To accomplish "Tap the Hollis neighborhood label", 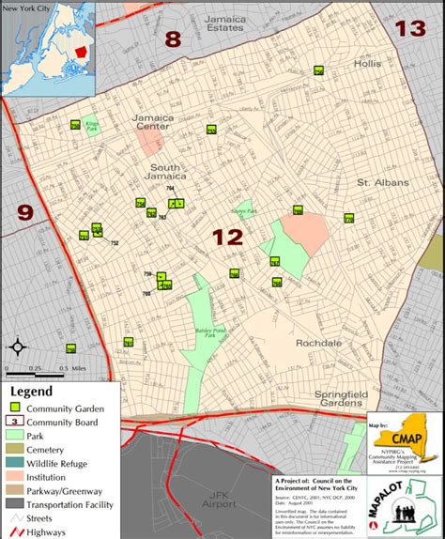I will coord(368,64).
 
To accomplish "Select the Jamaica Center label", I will coord(155,122).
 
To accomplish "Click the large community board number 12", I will coord(228,237).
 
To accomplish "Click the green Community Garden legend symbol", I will coord(15,408).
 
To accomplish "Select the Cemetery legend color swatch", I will coord(15,449).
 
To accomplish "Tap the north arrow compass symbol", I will coord(17,346).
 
